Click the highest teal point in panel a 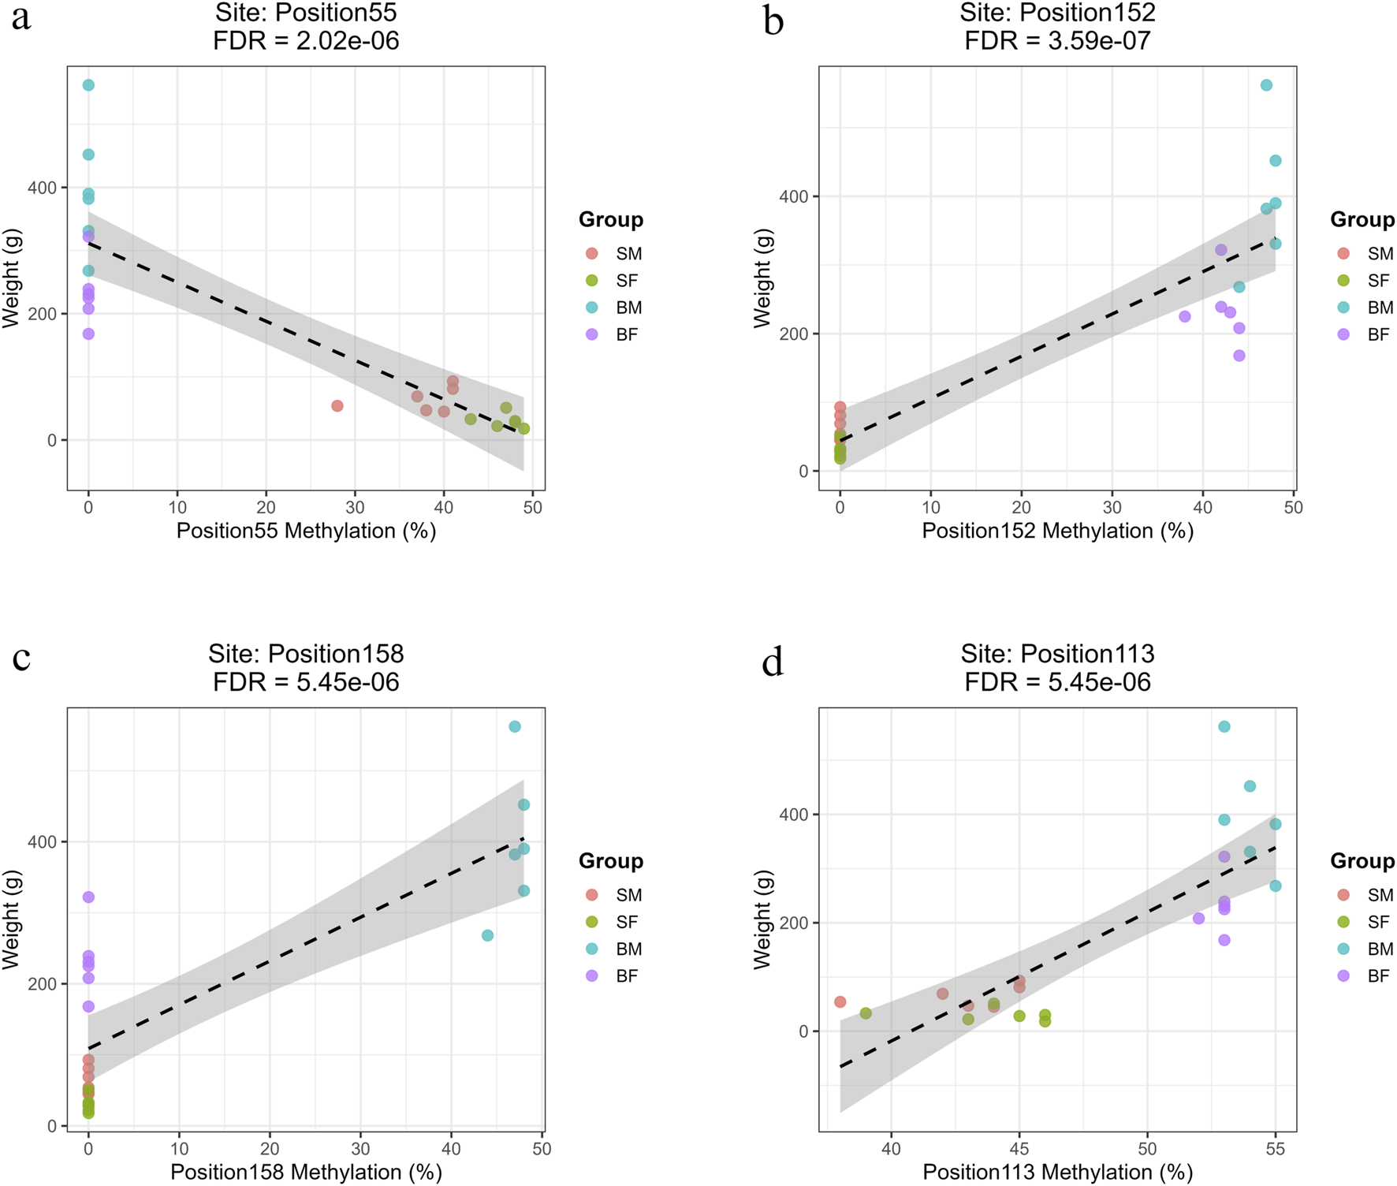tap(88, 85)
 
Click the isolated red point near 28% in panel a tap(337, 406)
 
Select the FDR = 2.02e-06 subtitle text tap(306, 40)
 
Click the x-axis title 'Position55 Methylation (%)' tap(306, 531)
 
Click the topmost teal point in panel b tap(1266, 85)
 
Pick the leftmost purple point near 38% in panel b tap(1185, 317)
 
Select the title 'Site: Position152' tap(1057, 13)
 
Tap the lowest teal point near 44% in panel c tap(487, 935)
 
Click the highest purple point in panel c tap(88, 897)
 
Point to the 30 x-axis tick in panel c tap(360, 1150)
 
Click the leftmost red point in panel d tap(840, 1002)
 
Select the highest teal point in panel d tap(1224, 727)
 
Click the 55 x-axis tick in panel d tap(1275, 1150)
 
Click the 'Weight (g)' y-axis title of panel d tap(762, 919)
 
